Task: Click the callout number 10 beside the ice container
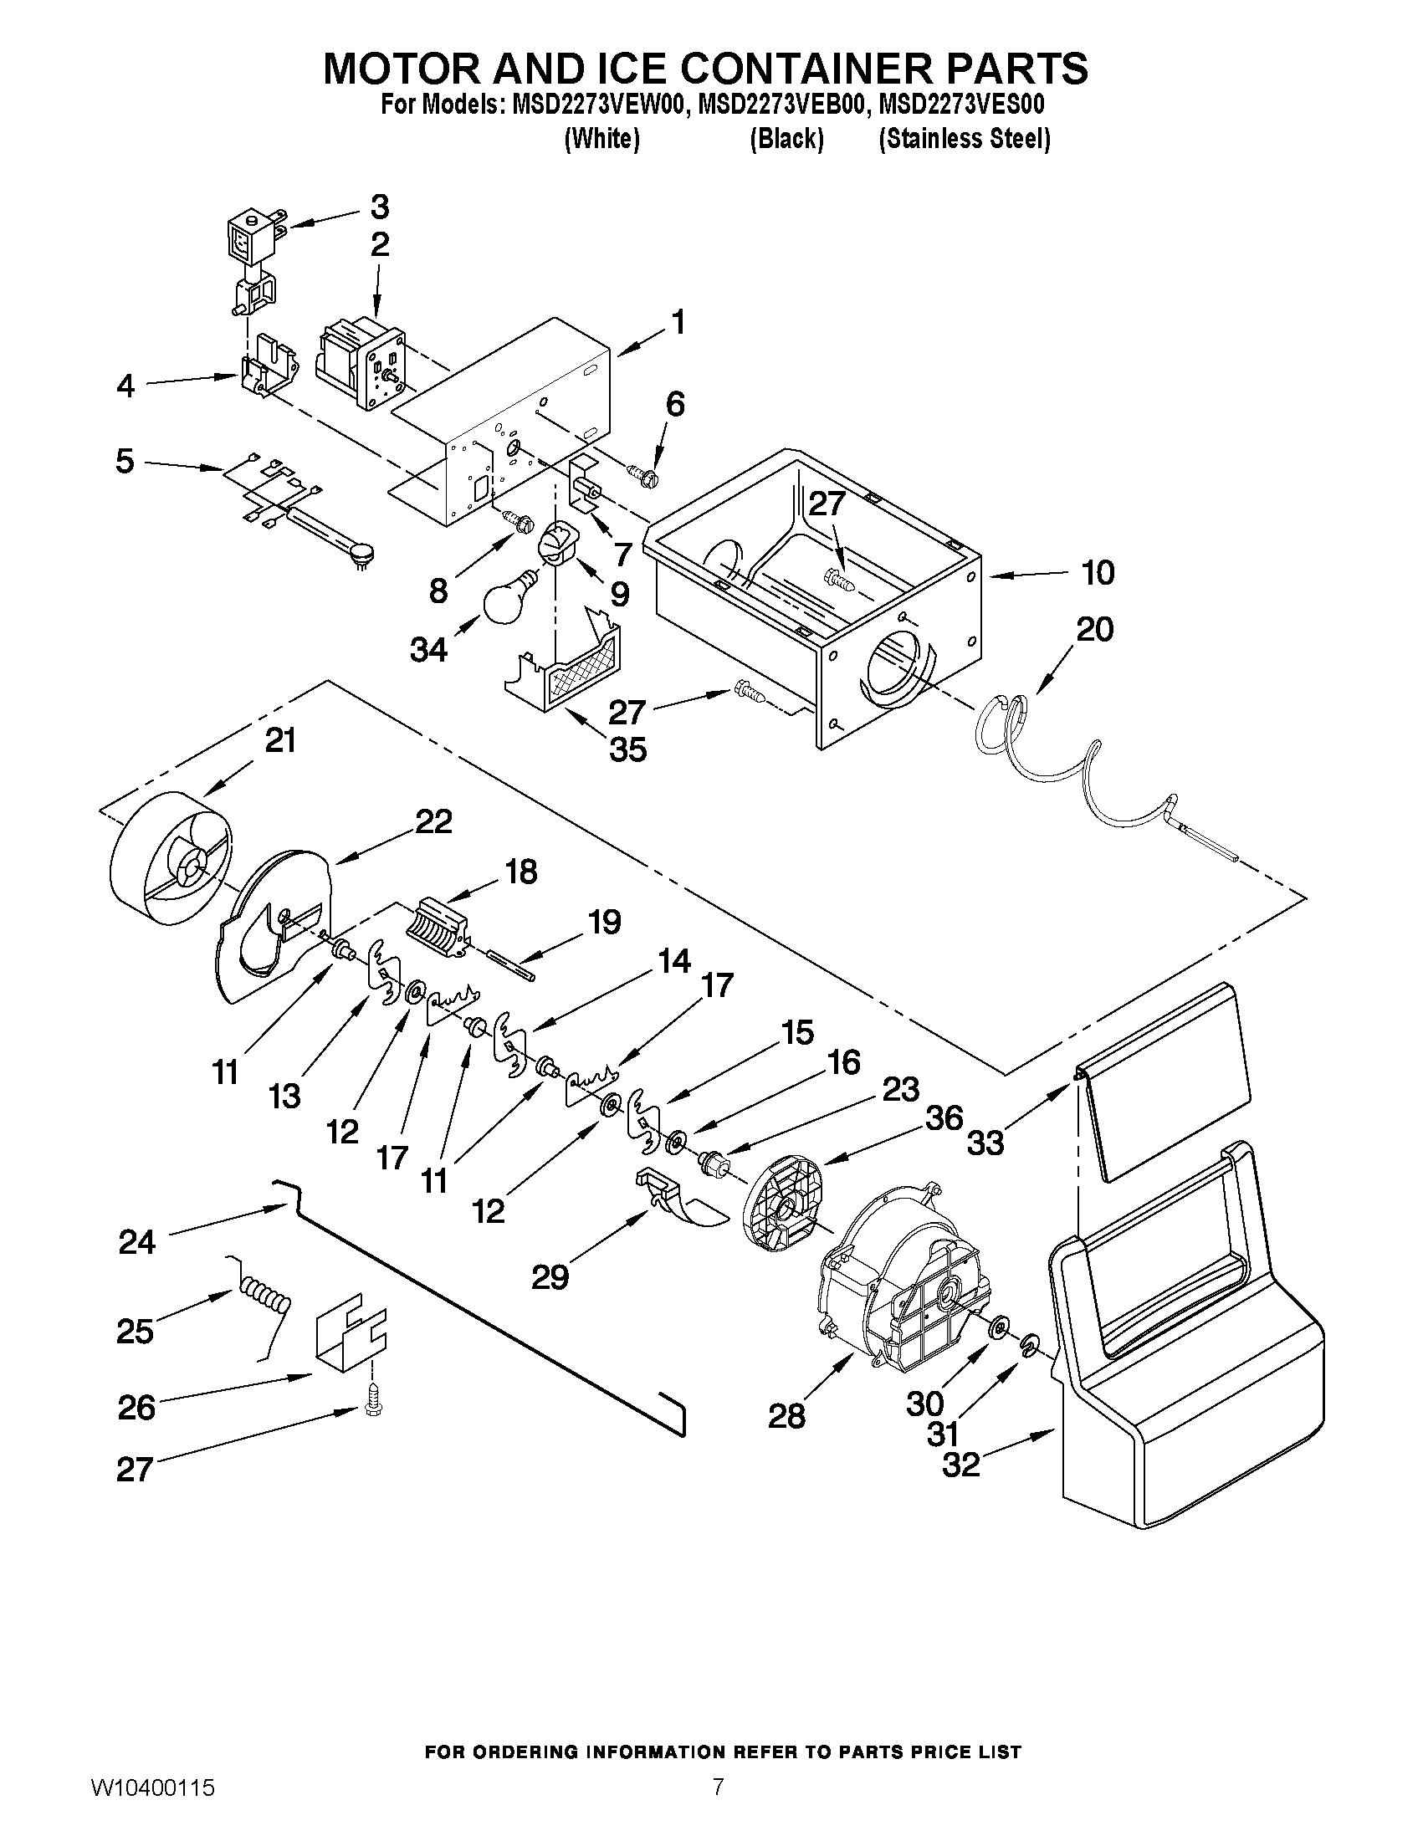(x=1098, y=573)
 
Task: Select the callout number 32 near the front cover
(x=961, y=1465)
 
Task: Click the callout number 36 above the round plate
(x=944, y=1118)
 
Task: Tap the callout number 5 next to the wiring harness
(x=125, y=461)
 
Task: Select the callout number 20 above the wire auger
(x=1094, y=630)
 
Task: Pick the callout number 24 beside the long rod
(x=137, y=1242)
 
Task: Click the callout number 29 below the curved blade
(x=550, y=1278)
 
